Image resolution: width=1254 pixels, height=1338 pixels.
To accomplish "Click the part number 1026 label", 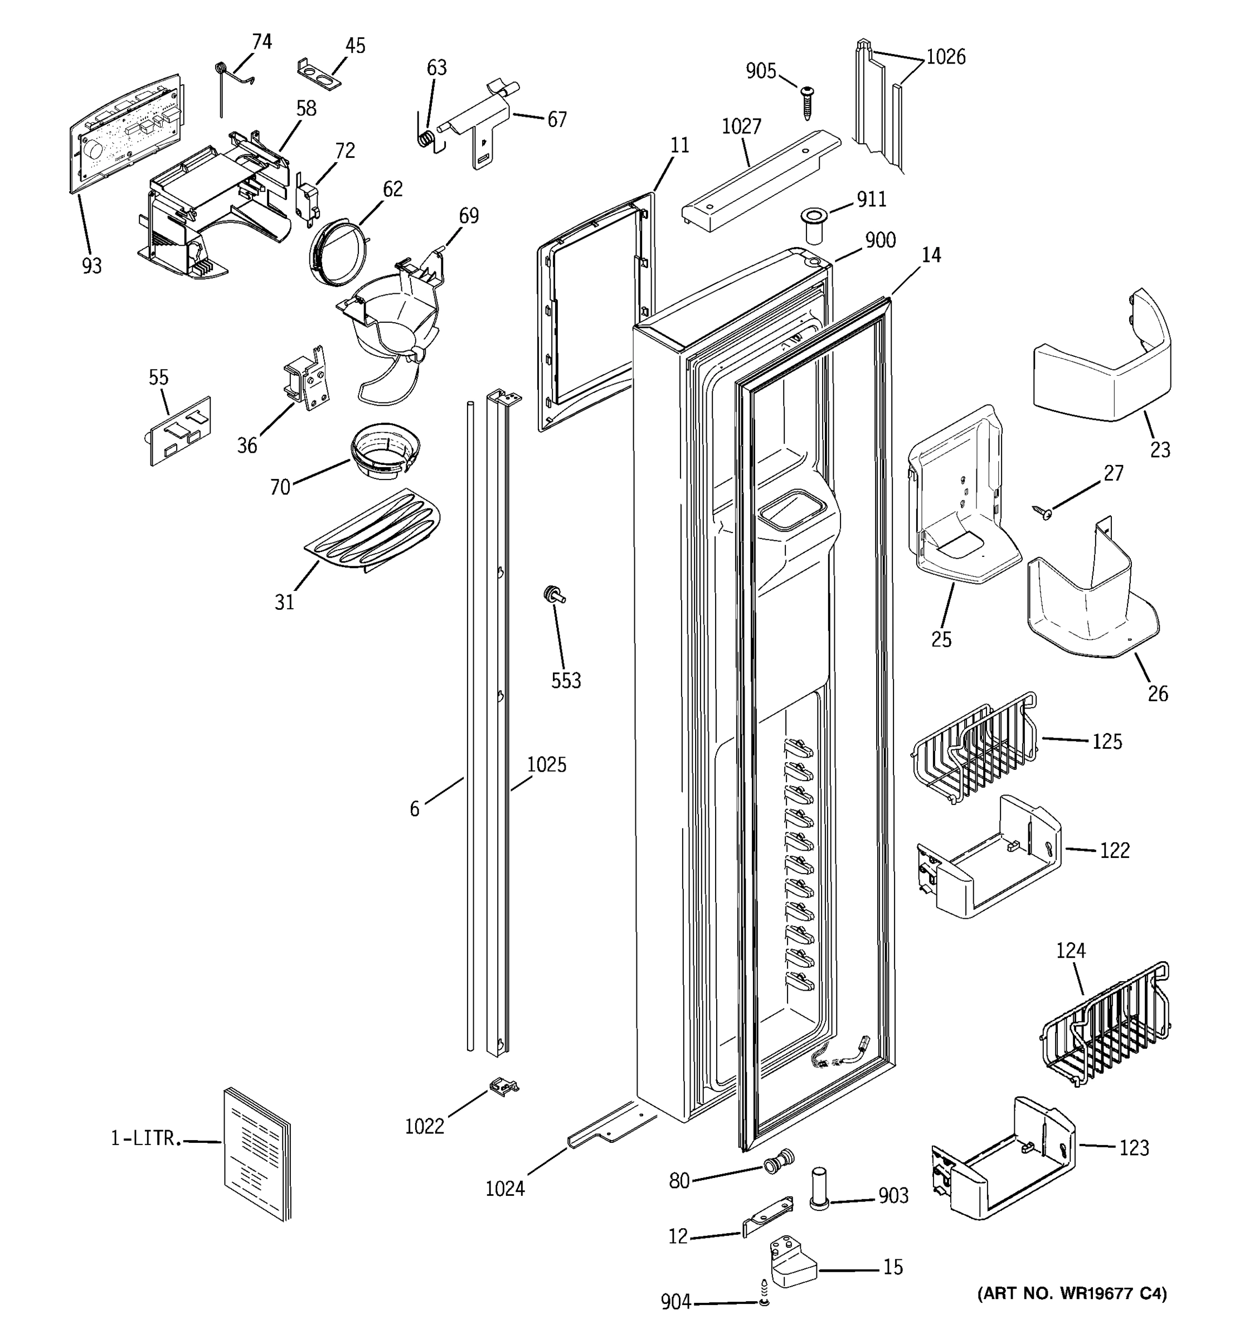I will [945, 57].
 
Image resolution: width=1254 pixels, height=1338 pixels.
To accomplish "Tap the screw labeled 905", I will [807, 101].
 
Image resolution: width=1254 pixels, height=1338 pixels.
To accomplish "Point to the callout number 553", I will [566, 681].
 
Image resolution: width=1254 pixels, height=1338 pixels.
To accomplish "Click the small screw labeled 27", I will [1043, 513].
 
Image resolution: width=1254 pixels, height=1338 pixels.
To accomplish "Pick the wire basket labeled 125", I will [974, 749].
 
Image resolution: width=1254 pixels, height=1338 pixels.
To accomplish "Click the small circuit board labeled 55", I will [179, 431].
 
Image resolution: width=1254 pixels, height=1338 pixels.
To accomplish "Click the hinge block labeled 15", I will [792, 1266].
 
